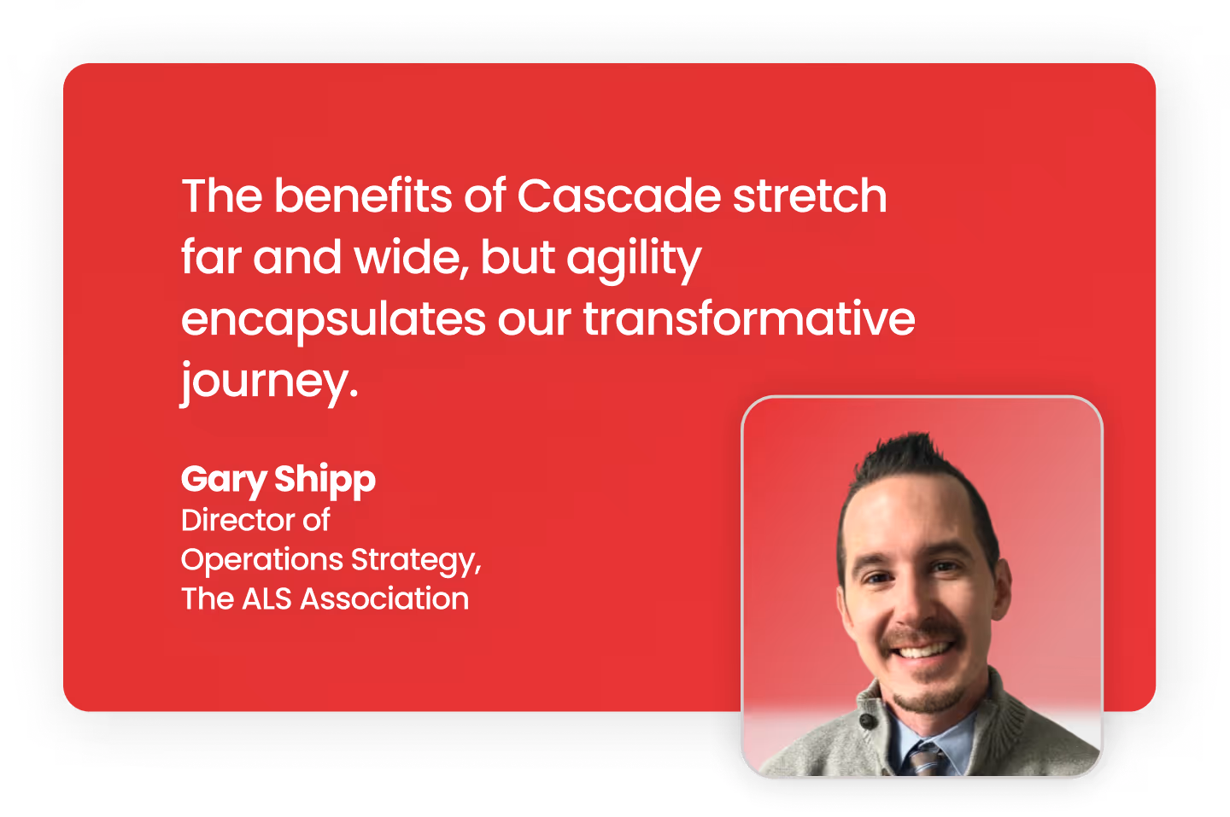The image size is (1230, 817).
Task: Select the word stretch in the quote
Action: pos(810,196)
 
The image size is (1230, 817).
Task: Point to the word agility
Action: pos(634,260)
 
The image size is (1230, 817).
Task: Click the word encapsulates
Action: pos(333,321)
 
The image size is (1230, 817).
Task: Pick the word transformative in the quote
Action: pos(748,319)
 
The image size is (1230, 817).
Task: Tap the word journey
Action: pos(268,382)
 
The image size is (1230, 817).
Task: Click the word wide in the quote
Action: pos(411,258)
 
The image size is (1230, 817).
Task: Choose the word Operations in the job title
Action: pos(261,560)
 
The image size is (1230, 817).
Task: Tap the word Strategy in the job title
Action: pos(415,560)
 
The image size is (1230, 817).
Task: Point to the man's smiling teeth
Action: pos(923,651)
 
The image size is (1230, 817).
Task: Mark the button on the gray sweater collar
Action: pos(867,722)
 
